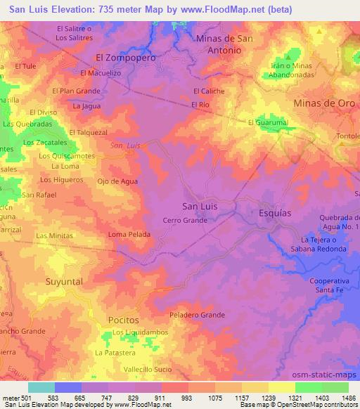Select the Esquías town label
(275, 209)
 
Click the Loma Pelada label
(129, 234)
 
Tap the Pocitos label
(123, 320)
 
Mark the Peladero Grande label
(196, 316)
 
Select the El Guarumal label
(269, 122)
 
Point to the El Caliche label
(208, 91)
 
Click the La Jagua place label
(86, 106)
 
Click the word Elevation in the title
(72, 10)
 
